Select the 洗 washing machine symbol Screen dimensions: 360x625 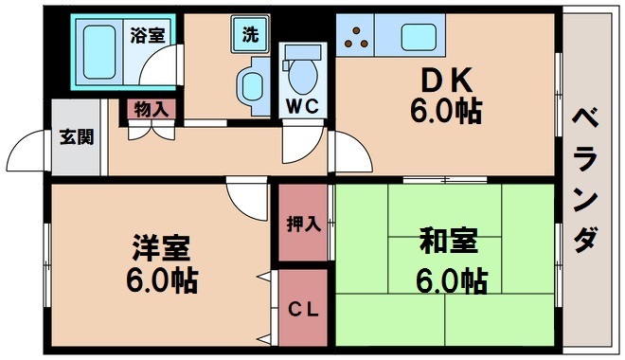coord(249,36)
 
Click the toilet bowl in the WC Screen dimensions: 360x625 coord(304,72)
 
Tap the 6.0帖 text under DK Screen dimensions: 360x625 coord(445,111)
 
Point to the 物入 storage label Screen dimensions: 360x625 coord(151,110)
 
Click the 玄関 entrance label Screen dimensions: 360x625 coord(77,136)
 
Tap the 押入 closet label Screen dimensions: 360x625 coord(303,225)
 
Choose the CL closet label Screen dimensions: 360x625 coord(303,310)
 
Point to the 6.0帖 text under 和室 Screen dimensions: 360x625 coord(450,280)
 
